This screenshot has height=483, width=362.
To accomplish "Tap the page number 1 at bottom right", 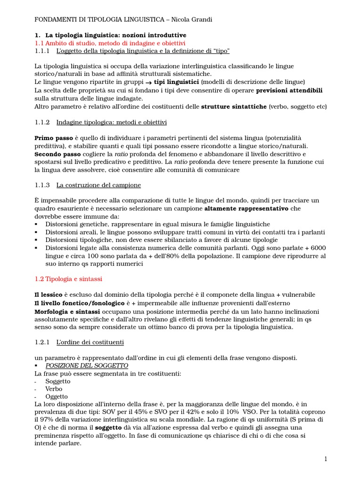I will (x=325, y=459).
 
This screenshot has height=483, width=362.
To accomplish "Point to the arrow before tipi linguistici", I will (x=141, y=82).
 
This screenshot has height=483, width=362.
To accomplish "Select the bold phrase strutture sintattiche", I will (x=234, y=107).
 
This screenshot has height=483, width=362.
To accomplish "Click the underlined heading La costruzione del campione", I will (x=99, y=185).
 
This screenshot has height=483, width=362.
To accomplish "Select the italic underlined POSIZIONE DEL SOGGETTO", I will (x=87, y=366).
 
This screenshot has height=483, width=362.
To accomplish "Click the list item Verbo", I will (x=54, y=389).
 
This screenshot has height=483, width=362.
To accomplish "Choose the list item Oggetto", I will (x=57, y=396).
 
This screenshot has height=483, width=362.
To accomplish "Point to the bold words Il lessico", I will (x=49, y=295).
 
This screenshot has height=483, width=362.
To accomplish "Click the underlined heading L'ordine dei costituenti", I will (x=90, y=342).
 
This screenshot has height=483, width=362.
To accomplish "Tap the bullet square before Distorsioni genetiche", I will (x=37, y=225).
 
